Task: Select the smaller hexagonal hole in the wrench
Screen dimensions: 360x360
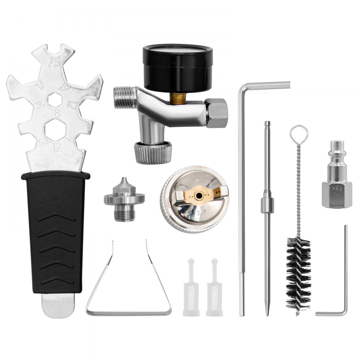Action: click(x=55, y=99)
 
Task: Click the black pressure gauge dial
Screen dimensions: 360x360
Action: click(x=178, y=67)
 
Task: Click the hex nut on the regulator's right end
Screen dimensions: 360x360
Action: click(x=217, y=113)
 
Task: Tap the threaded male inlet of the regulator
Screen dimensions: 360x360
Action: click(x=123, y=98)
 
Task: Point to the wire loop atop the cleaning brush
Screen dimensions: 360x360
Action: click(x=299, y=134)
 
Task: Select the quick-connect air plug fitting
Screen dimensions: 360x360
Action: click(x=337, y=176)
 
